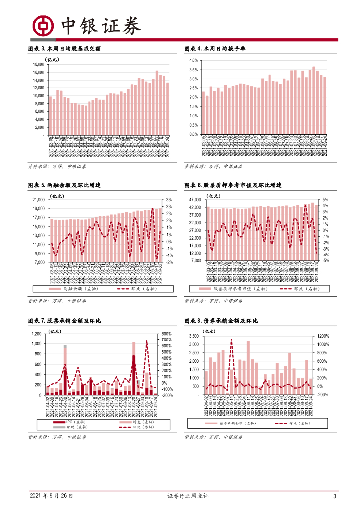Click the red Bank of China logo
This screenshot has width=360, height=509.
[x=43, y=24]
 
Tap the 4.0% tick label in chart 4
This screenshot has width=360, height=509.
[x=194, y=60]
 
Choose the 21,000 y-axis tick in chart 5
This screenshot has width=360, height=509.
[x=39, y=200]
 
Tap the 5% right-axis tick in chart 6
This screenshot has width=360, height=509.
[x=325, y=200]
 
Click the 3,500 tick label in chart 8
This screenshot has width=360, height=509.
[x=195, y=336]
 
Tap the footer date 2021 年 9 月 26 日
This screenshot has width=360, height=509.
[x=52, y=496]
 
